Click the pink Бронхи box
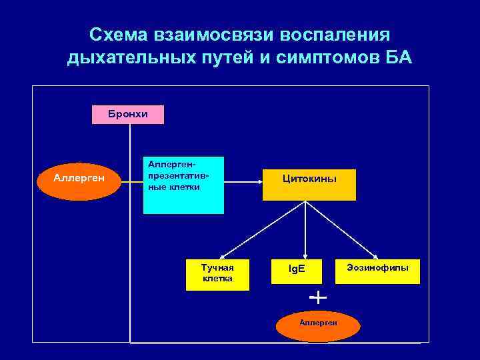click(x=128, y=115)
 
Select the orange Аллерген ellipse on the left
click(x=79, y=179)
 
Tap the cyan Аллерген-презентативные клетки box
click(x=183, y=185)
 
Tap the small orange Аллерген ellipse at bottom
click(x=319, y=325)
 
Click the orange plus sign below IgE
click(x=319, y=297)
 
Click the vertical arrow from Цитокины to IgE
click(x=305, y=230)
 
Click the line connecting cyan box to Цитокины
click(x=243, y=179)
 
